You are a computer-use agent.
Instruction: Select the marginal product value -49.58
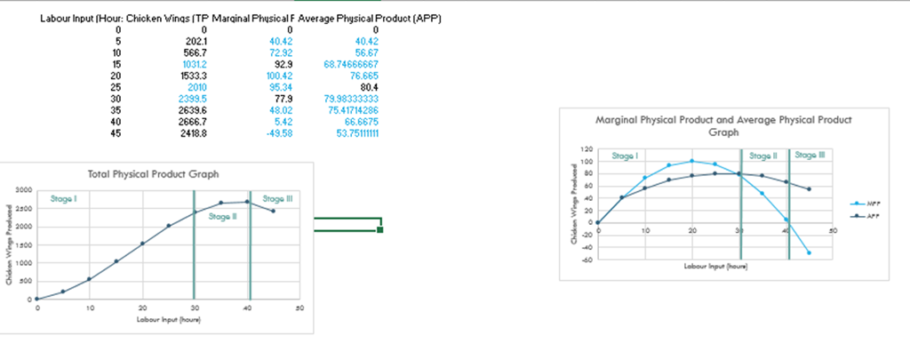tap(279, 134)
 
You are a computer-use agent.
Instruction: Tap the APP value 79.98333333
tap(350, 100)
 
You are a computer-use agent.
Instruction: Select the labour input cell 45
tap(116, 134)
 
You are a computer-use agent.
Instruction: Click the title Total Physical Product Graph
tap(153, 173)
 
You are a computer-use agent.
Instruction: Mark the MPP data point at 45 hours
tap(810, 252)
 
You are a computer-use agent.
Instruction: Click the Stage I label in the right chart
tap(625, 156)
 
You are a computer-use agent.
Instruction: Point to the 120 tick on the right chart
tap(585, 149)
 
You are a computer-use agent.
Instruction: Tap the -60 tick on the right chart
tap(585, 260)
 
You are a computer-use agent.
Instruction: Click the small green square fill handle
tap(380, 230)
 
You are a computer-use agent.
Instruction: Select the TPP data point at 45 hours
tap(273, 211)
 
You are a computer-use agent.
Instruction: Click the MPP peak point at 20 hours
tap(692, 161)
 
